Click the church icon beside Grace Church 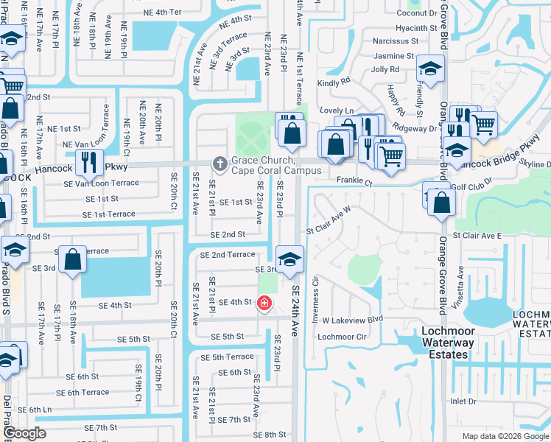(219, 163)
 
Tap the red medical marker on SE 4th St (264, 303)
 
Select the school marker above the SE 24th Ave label (290, 259)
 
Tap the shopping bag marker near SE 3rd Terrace (73, 260)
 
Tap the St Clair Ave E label (477, 235)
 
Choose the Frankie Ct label (355, 180)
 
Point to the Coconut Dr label (417, 13)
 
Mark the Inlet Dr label (464, 401)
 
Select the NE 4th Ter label (162, 13)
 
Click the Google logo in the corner (24, 433)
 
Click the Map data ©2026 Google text (505, 436)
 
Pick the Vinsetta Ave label (461, 284)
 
